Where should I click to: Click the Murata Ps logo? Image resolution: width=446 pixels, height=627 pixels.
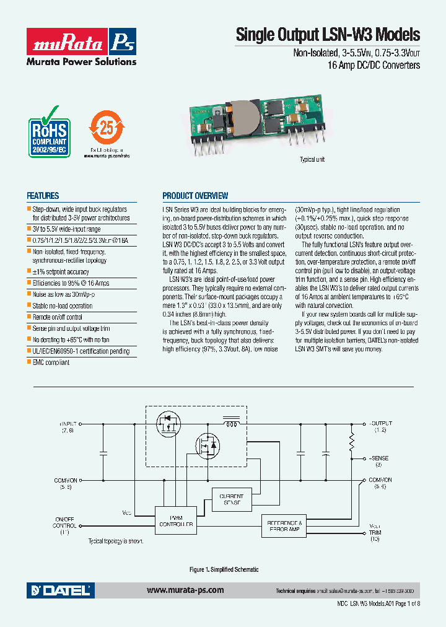81,42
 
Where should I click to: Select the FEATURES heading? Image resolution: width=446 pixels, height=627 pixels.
43,195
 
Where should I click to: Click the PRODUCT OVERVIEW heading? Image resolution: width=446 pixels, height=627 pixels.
195,196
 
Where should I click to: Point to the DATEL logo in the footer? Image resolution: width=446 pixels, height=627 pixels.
59,590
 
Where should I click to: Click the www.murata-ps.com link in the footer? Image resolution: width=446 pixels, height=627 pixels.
185,590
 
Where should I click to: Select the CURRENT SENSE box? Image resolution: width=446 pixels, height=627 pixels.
232,499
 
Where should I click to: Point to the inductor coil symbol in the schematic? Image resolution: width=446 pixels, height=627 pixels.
232,425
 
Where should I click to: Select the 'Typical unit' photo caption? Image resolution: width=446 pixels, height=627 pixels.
312,160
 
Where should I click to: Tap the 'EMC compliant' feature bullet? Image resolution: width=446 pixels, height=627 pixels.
51,362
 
